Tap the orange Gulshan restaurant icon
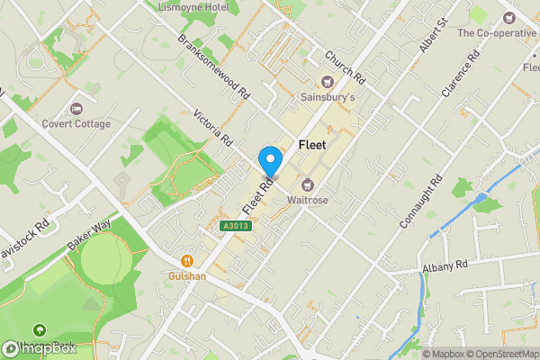click(187, 260)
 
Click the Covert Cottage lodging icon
click(76, 109)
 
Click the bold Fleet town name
click(311, 144)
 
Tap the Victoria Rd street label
click(213, 128)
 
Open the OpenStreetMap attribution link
click(500, 353)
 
